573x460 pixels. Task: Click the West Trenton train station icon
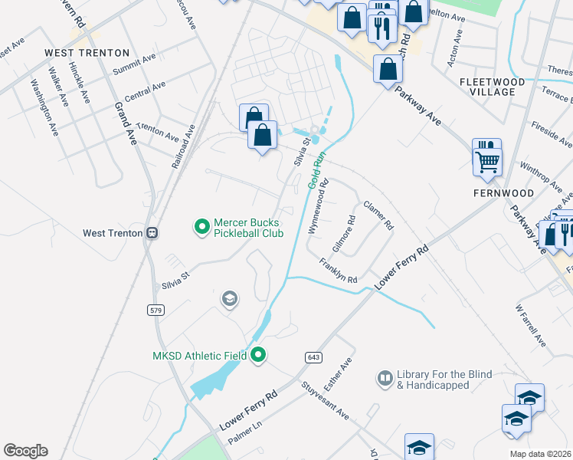click(152, 232)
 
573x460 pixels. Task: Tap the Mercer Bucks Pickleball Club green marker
click(201, 226)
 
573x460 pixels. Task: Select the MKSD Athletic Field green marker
click(258, 355)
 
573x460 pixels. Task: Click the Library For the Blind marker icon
click(385, 378)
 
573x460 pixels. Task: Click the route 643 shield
click(314, 358)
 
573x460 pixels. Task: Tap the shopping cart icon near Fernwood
click(486, 159)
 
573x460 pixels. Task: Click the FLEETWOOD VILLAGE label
click(492, 87)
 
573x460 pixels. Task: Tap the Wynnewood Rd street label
click(318, 206)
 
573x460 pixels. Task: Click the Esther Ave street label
click(342, 373)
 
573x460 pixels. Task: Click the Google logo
click(25, 451)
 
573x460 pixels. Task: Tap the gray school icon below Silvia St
click(229, 299)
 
